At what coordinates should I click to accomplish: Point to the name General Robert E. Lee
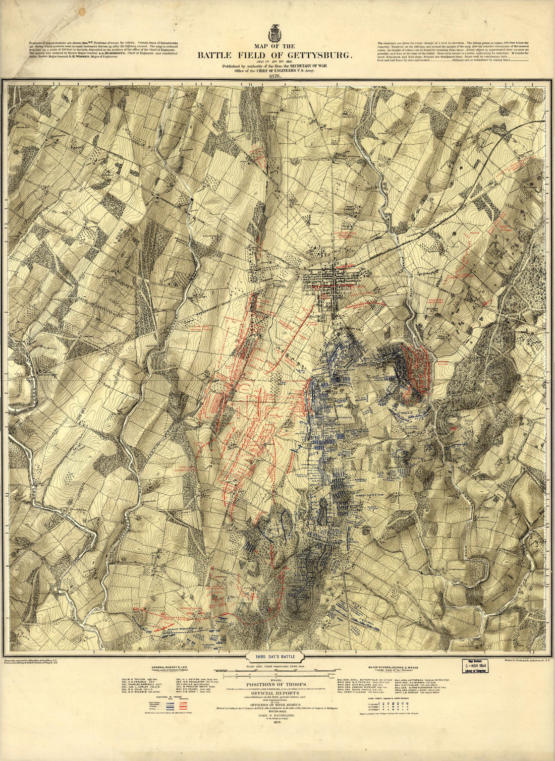(x=165, y=666)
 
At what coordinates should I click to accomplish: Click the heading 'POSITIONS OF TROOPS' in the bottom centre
(x=274, y=684)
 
